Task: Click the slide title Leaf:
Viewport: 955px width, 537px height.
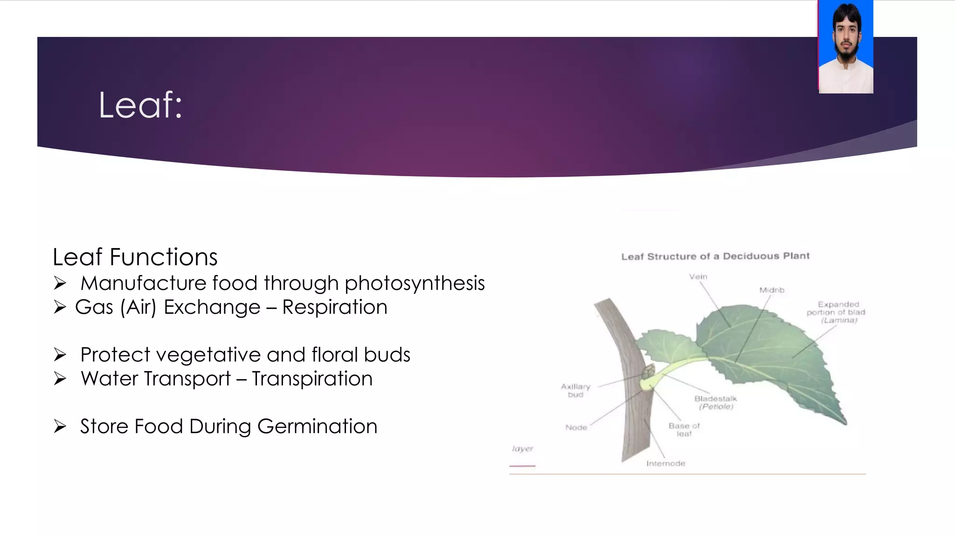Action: (140, 105)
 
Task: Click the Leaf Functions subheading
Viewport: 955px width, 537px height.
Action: (135, 257)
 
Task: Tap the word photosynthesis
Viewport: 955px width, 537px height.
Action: (415, 283)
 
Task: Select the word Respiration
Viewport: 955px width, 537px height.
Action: (334, 307)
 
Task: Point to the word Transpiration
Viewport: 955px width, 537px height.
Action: (312, 379)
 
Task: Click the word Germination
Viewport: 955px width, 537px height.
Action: (317, 426)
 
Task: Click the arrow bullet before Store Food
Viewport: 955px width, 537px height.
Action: (60, 426)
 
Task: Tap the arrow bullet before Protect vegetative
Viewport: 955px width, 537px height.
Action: (60, 355)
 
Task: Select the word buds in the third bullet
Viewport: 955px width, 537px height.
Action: (387, 355)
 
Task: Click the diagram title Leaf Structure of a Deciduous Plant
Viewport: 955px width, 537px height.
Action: (715, 256)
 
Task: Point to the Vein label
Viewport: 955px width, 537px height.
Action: (698, 276)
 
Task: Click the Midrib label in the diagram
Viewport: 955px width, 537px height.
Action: (772, 290)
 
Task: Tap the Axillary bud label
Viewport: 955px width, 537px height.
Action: (575, 391)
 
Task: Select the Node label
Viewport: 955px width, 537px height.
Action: (576, 427)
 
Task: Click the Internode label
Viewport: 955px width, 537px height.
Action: (665, 463)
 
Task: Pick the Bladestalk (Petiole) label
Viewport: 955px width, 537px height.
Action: (716, 402)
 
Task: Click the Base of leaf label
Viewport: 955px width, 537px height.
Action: (684, 429)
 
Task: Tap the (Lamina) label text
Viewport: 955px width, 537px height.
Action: (839, 320)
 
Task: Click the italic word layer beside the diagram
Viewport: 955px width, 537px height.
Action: (522, 448)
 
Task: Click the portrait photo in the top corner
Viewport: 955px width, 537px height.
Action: (845, 47)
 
